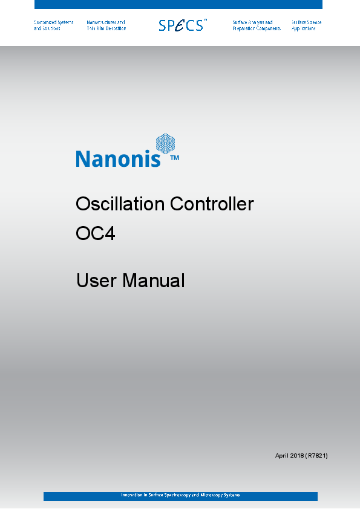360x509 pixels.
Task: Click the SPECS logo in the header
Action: [182, 25]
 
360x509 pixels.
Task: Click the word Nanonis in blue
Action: [118, 158]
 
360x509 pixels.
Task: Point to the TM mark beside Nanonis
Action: [174, 158]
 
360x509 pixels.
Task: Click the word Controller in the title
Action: [212, 204]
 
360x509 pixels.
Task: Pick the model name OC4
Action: [96, 233]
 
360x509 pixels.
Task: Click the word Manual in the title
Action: [154, 281]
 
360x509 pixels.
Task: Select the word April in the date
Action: [281, 455]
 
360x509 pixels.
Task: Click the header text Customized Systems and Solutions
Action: [53, 25]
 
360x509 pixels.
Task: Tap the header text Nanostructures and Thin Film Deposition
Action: [106, 25]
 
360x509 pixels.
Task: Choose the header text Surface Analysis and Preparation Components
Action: [257, 25]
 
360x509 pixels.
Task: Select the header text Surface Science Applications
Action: [307, 25]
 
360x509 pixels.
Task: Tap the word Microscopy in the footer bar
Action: [206, 495]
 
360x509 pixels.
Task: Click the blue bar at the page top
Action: [178, 4]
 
